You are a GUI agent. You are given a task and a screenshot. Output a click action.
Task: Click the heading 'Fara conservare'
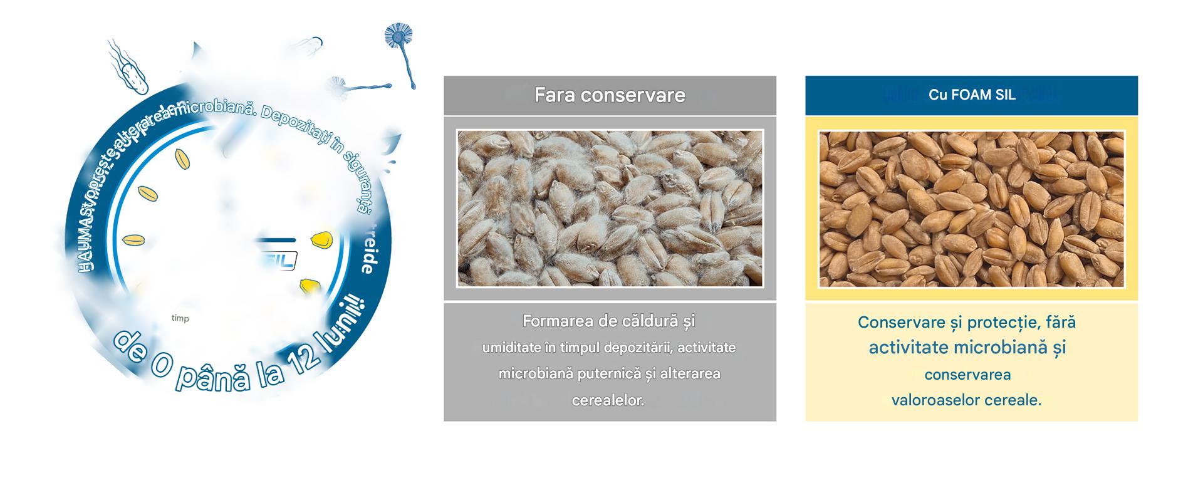[x=610, y=95]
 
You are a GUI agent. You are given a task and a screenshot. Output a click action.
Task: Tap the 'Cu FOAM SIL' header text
[x=972, y=95]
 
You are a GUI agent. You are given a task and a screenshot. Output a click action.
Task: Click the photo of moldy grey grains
[x=610, y=208]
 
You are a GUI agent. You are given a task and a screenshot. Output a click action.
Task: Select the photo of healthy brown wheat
[x=971, y=208]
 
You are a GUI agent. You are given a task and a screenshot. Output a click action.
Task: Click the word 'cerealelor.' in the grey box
[x=608, y=400]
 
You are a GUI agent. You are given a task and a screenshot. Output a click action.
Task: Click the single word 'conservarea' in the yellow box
[x=967, y=375]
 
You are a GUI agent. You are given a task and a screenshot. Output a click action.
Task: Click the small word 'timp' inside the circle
[x=180, y=318]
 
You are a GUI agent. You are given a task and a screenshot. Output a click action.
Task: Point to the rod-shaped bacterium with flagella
[x=131, y=72]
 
